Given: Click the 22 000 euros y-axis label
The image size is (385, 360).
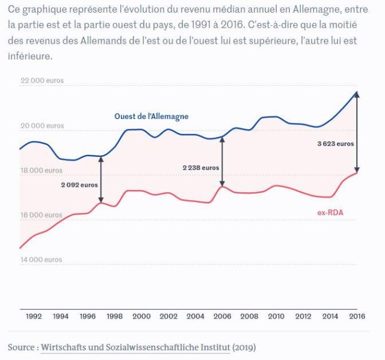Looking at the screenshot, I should point(42,81).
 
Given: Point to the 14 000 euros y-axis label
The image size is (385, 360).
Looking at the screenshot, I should point(42,260).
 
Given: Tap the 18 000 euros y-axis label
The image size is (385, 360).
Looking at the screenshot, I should point(42,170).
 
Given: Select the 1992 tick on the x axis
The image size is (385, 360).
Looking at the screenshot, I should point(34,316).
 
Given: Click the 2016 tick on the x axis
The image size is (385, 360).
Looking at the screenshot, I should point(357,316).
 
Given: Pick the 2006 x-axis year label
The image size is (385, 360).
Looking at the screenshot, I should point(222,316).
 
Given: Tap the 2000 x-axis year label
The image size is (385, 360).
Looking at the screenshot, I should point(141,316).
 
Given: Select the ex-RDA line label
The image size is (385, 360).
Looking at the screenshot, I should point(330,213).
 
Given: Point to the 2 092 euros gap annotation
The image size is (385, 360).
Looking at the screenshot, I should point(79,185).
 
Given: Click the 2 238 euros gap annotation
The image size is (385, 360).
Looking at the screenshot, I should point(201,168).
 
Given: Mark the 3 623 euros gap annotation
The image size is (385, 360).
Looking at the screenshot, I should point(336,144).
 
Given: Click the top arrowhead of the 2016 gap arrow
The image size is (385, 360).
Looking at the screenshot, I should point(357,94).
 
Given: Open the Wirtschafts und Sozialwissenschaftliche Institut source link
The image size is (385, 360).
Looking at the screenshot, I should point(135,347).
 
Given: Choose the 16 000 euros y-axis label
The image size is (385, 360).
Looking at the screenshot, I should point(42,215).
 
